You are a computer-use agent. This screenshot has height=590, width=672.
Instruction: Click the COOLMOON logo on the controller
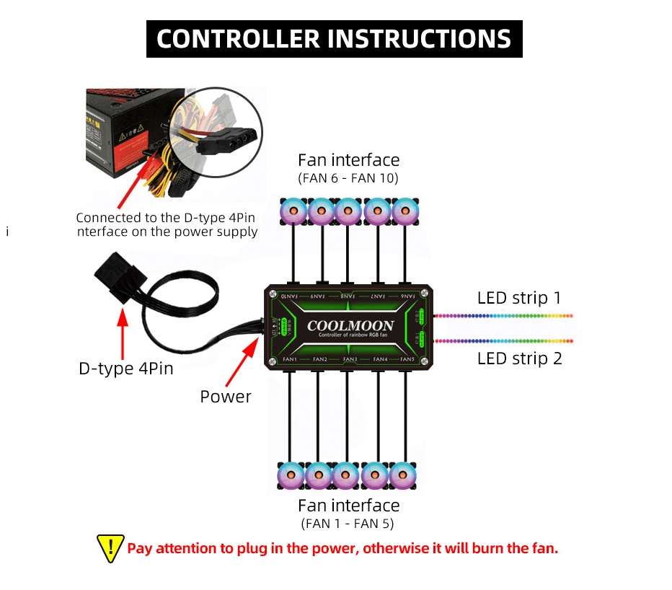coord(350,325)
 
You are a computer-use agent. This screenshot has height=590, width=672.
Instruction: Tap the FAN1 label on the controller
coord(290,358)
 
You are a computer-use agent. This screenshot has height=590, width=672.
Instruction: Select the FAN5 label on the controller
coord(407,358)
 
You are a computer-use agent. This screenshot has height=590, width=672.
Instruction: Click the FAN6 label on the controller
coord(408,296)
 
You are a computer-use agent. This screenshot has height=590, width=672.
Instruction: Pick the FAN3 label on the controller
coord(350,358)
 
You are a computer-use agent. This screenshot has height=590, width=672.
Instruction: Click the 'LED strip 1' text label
coord(519,298)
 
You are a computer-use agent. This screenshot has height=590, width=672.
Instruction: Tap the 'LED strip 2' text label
coord(519,358)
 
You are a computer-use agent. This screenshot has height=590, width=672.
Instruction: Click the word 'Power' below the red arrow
coord(226,396)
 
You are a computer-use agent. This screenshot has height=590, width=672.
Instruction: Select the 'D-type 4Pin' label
coord(126,369)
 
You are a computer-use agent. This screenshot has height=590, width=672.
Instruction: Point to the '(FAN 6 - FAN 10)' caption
coord(348,177)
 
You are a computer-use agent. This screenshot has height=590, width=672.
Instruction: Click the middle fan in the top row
coord(348,212)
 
